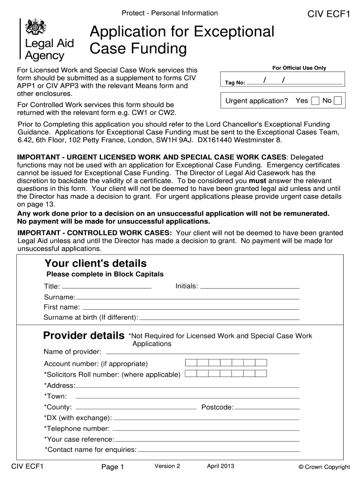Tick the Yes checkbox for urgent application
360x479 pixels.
316,101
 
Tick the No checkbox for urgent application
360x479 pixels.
338,101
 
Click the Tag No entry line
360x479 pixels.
295,82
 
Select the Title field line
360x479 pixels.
106,286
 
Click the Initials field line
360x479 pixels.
250,286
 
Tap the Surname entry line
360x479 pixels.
187,298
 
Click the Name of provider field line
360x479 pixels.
202,352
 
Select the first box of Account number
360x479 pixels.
191,363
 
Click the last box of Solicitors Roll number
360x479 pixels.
261,373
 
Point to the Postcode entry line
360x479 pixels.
266,407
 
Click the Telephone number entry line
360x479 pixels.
206,429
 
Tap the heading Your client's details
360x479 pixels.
95,263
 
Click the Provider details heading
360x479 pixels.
84,335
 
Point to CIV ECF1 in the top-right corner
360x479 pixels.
329,14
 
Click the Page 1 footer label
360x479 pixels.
112,467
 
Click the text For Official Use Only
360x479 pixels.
299,68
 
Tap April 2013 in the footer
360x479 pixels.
220,466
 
